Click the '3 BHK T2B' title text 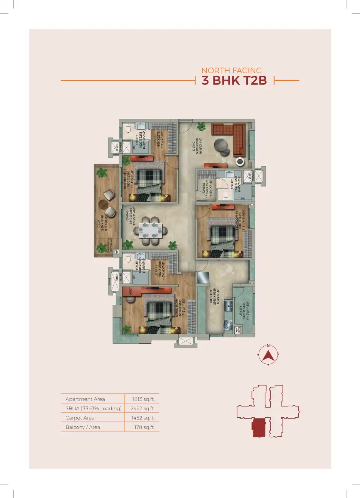(234, 80)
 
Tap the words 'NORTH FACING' (231, 70)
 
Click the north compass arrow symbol (268, 355)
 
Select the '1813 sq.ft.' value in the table (143, 399)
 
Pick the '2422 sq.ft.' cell (142, 408)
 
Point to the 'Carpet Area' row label (80, 418)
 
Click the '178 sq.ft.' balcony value (144, 427)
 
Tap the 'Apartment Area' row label (85, 399)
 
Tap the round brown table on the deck (103, 204)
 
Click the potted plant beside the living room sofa (201, 127)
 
